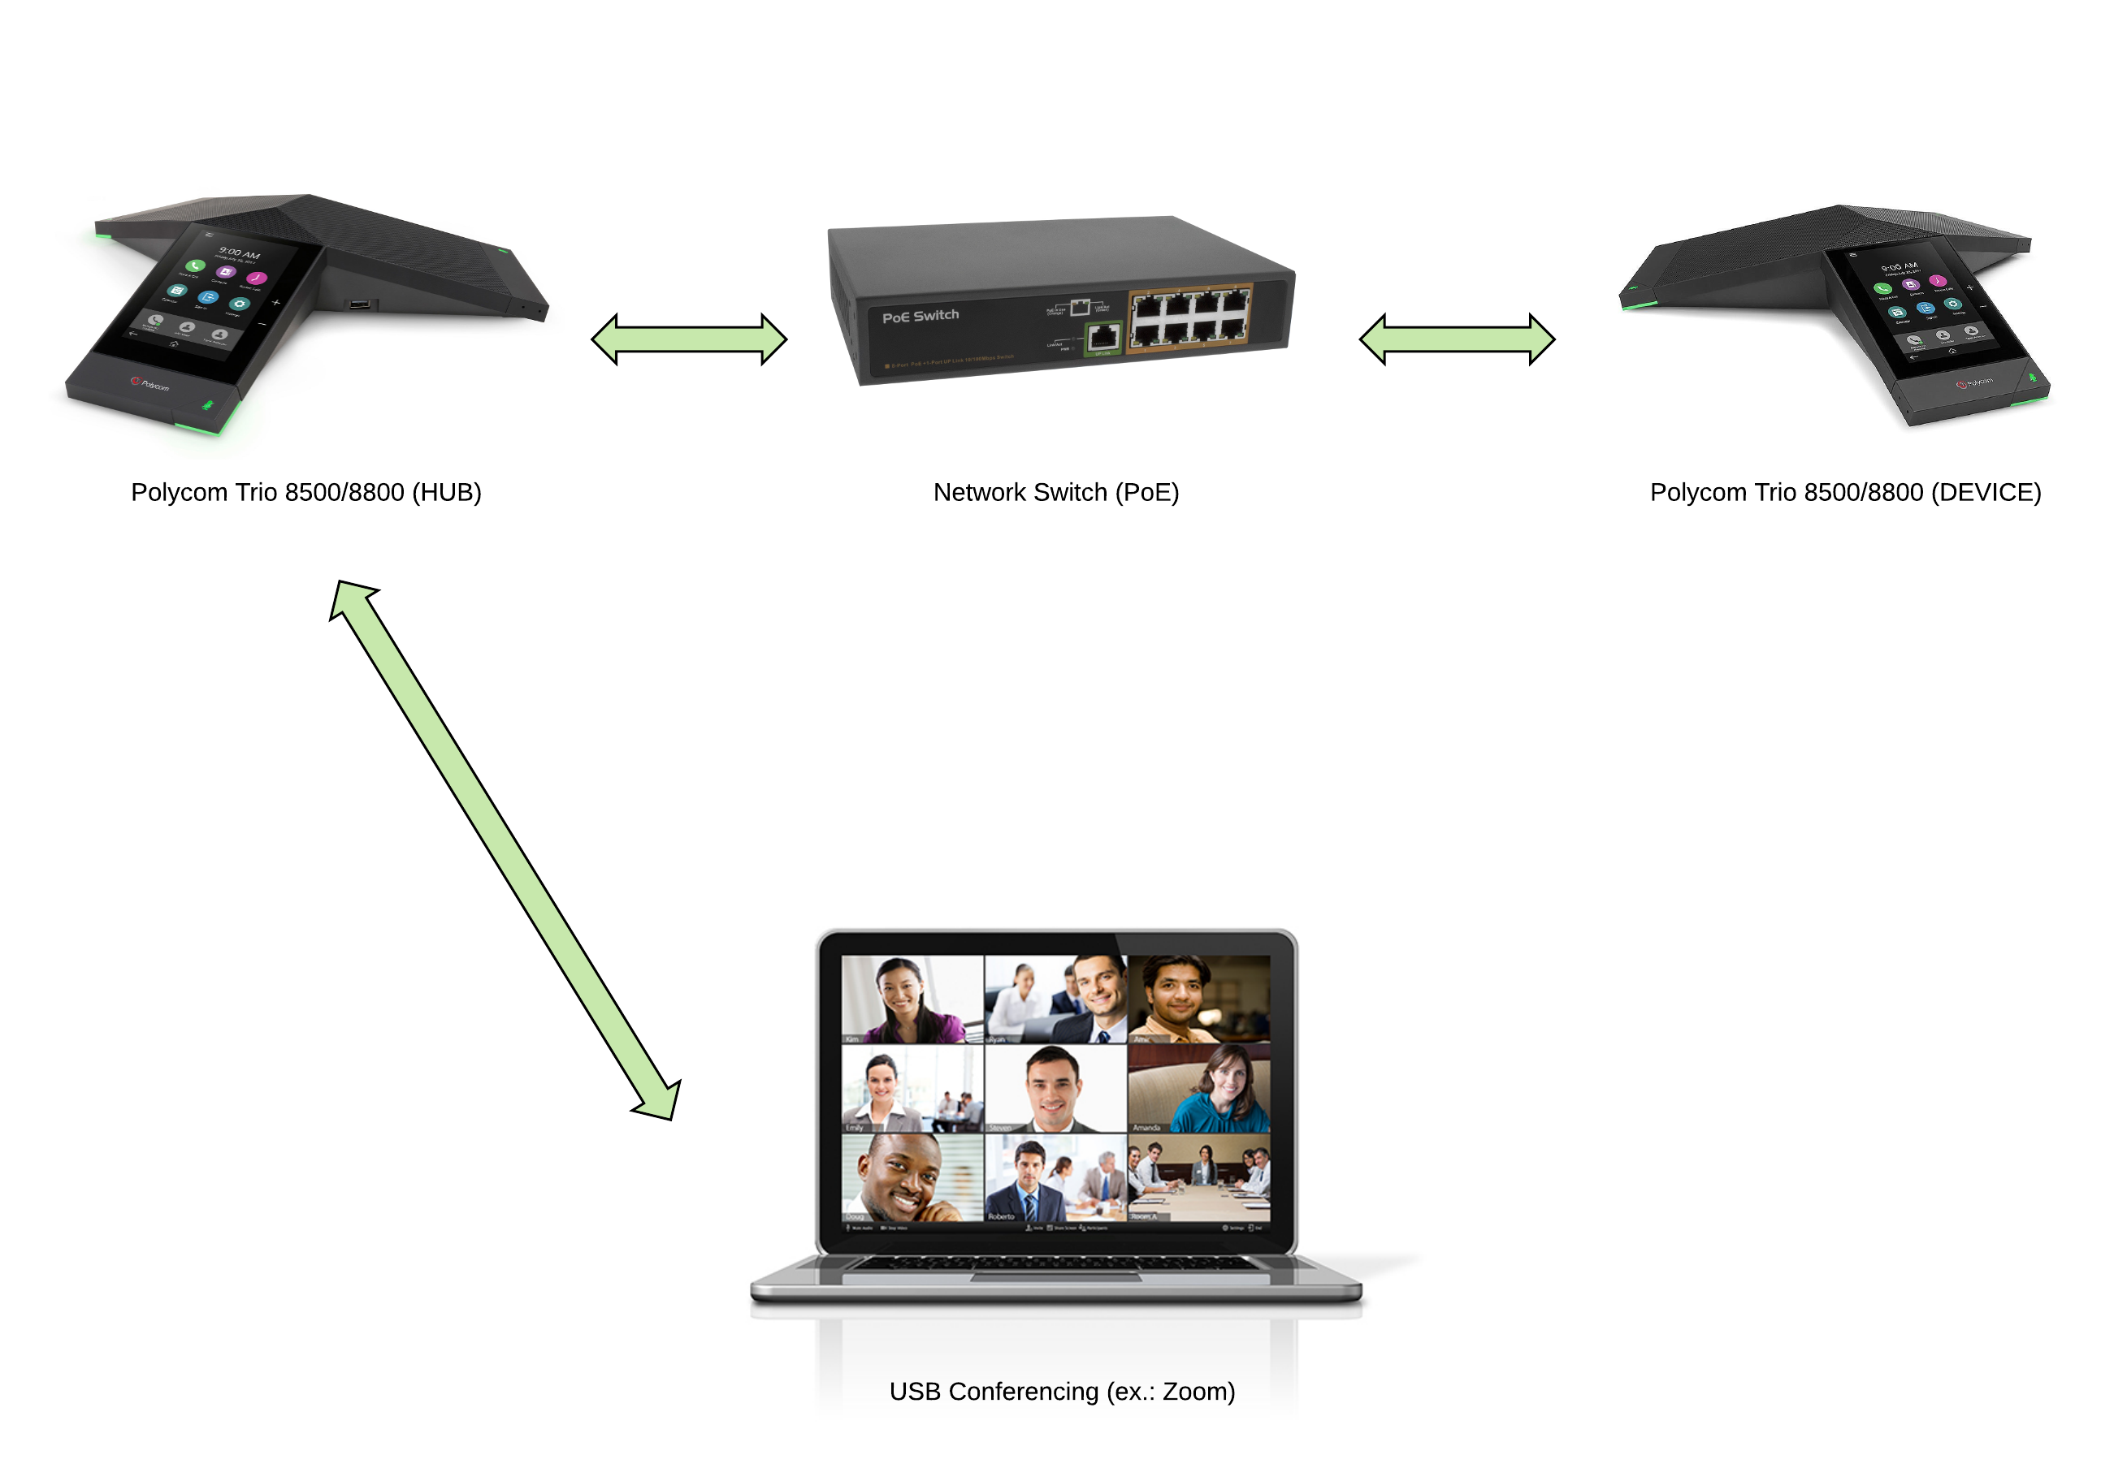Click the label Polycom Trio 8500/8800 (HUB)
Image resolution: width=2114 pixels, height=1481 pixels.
(305, 492)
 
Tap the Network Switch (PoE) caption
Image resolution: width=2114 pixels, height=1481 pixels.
(1055, 492)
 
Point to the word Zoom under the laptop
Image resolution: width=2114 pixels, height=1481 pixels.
(1194, 1391)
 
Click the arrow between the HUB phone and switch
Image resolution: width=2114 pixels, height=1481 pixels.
(689, 339)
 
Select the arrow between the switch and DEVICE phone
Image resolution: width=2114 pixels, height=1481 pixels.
(1457, 339)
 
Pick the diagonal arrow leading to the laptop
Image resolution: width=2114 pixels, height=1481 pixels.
(505, 849)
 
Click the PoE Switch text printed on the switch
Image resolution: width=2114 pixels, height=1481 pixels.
(920, 316)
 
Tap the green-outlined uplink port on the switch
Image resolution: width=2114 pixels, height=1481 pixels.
(1102, 337)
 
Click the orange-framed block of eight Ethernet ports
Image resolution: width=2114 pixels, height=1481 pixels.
(1189, 317)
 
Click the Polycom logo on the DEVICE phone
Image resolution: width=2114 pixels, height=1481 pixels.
(1974, 382)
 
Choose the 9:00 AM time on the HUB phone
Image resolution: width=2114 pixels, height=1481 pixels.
(240, 253)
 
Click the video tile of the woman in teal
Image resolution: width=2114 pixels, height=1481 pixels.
(1199, 1088)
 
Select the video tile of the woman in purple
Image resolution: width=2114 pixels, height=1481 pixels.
(912, 999)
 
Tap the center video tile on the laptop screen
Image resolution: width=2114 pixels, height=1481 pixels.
(1055, 1088)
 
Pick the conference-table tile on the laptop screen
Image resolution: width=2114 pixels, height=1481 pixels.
(1199, 1177)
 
